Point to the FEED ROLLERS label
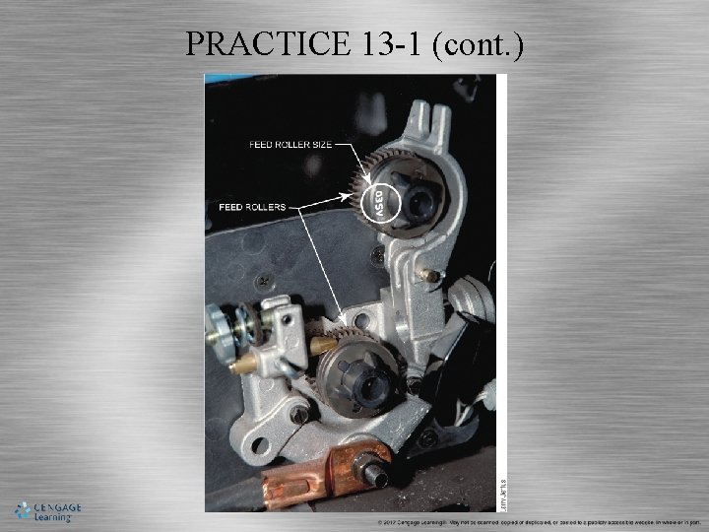click(253, 207)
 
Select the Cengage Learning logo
click(47, 510)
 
